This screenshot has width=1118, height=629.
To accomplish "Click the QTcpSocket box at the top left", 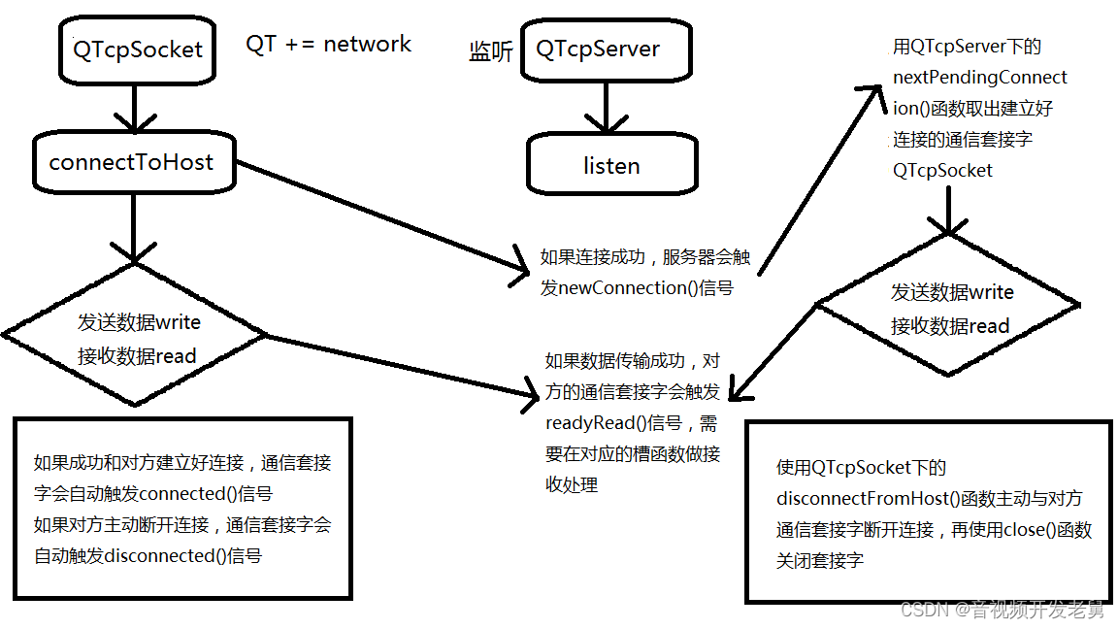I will (137, 50).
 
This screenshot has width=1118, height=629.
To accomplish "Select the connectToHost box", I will (132, 162).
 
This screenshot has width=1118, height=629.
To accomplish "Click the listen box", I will (611, 165).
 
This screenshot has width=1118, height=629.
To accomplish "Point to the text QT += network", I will (328, 44).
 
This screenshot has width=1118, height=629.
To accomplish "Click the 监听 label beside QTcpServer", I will (490, 51).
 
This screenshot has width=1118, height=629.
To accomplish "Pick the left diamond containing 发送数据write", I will (136, 336).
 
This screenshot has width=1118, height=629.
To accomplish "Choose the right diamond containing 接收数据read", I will (949, 309).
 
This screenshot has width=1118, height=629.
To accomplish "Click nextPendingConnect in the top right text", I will (979, 77).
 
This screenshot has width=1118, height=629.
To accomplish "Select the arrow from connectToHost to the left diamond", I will (133, 226).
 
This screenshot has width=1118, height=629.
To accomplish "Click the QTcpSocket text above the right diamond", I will (942, 170).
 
